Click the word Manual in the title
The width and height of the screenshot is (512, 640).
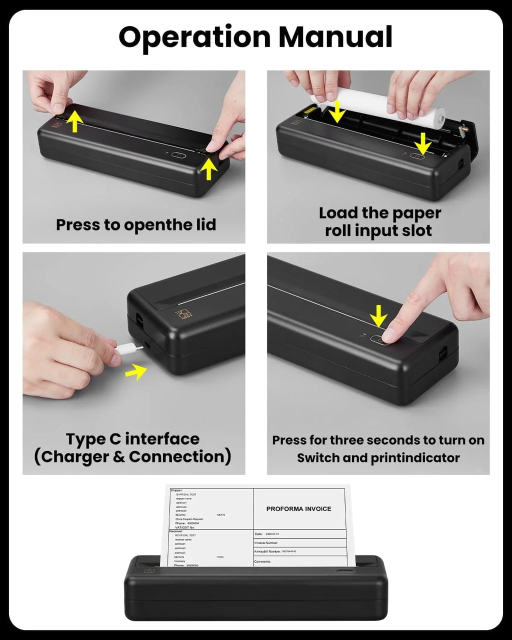[x=335, y=37]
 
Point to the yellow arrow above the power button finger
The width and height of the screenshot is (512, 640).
[x=378, y=316]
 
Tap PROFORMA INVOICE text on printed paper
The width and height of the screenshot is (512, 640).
[x=298, y=509]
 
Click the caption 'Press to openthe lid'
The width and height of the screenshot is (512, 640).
[x=135, y=225]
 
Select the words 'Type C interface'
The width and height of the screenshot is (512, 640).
[x=132, y=439]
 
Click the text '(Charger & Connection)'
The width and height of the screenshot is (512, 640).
[x=132, y=457]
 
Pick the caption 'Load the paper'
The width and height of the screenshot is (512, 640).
[x=379, y=213]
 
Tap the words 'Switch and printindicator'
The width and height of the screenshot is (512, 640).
[x=378, y=458]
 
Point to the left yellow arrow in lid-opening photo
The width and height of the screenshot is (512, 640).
[x=74, y=121]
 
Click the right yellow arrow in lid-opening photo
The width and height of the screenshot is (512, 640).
[x=208, y=168]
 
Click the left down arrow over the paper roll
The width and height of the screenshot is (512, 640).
[x=336, y=111]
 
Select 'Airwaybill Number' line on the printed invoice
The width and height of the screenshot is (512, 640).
[x=275, y=551]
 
